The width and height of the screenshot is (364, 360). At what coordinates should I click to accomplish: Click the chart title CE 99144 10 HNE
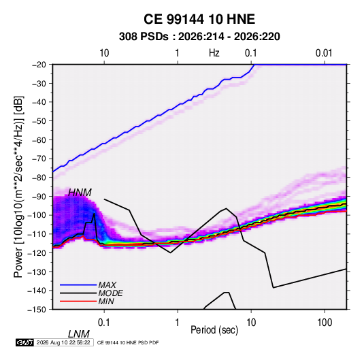tap(199, 19)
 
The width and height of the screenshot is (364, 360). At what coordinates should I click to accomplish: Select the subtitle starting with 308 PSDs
tap(199, 37)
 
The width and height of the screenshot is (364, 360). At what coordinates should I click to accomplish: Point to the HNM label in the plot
tap(80, 193)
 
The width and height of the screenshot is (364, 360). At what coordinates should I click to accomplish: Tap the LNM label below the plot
tap(78, 334)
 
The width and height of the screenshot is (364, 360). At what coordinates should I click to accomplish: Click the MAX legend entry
tap(107, 284)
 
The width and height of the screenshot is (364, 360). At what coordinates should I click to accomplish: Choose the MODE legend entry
tap(110, 293)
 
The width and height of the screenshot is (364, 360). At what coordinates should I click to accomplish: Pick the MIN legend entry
tap(106, 301)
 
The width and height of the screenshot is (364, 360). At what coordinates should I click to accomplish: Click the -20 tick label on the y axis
tap(39, 65)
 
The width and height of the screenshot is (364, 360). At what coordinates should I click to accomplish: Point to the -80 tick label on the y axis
tap(39, 178)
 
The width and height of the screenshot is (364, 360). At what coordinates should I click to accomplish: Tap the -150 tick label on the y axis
tap(37, 310)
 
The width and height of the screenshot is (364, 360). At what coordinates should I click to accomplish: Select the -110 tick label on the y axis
tap(37, 234)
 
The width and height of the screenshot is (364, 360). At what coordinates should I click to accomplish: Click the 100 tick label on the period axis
tap(325, 323)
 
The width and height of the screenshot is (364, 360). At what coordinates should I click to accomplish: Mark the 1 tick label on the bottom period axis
tap(178, 323)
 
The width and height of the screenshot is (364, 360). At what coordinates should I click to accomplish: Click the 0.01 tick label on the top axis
tap(324, 53)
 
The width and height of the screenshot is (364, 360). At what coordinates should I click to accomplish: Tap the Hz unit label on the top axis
tap(214, 53)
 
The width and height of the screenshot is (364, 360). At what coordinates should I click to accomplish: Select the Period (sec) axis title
tap(214, 330)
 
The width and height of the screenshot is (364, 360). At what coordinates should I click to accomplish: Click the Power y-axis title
tap(18, 186)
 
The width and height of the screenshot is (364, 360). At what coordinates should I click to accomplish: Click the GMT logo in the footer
tap(24, 342)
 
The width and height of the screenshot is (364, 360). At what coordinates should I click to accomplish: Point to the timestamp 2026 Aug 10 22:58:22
tap(63, 342)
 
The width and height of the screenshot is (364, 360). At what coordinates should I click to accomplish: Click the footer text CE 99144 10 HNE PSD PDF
tap(128, 343)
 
